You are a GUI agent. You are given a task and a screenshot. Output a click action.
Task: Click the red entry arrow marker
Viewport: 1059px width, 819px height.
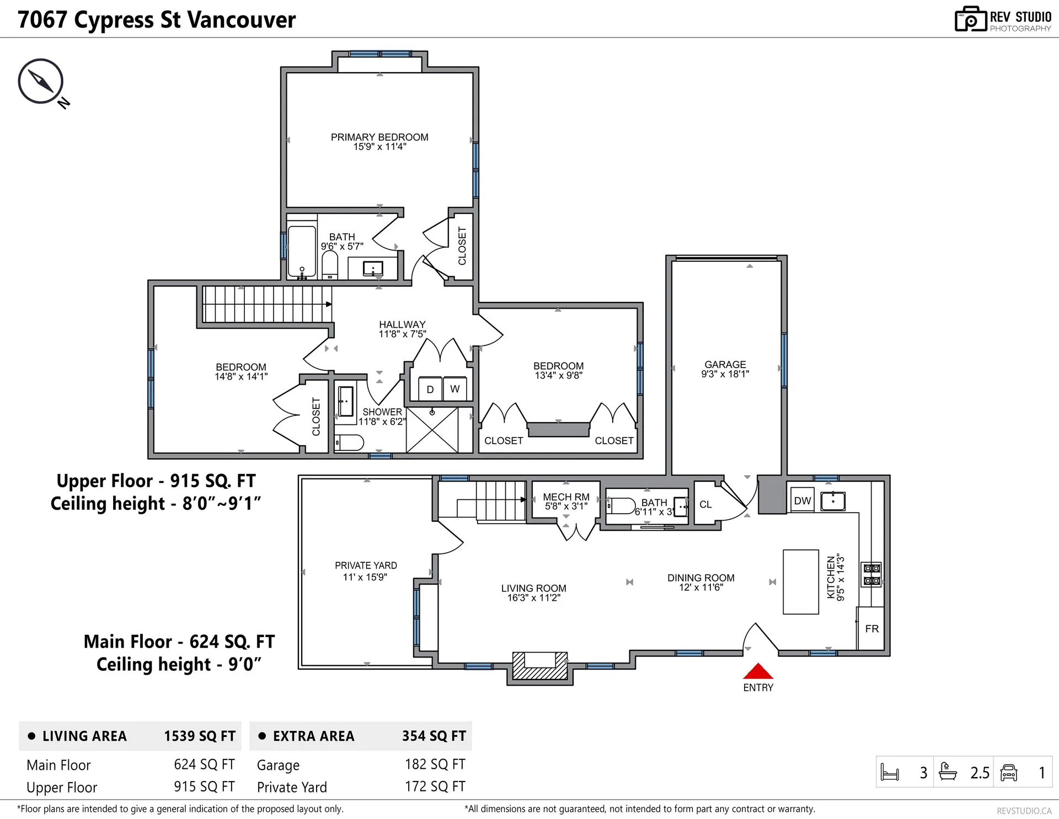point(758,671)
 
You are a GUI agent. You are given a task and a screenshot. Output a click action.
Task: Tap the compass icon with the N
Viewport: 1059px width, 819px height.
point(41,81)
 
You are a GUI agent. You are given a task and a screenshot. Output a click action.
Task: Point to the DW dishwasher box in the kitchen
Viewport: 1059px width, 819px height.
point(802,500)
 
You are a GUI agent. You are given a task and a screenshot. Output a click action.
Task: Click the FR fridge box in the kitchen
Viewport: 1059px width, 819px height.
point(871,628)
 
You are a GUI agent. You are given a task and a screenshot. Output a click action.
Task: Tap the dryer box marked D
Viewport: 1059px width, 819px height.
point(430,389)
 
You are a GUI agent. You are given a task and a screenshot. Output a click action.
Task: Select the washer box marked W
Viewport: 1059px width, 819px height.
point(454,389)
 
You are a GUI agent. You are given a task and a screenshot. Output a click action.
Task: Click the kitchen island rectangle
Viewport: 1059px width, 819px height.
point(801,581)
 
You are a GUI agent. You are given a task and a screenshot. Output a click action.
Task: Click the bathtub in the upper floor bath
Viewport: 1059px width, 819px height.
point(302,251)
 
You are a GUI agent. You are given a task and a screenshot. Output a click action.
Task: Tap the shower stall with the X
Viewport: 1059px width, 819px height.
point(432,430)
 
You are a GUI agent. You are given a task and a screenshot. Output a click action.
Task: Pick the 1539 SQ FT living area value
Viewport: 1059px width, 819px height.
point(200,736)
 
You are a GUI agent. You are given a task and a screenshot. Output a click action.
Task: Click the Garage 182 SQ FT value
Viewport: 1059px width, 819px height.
point(435,764)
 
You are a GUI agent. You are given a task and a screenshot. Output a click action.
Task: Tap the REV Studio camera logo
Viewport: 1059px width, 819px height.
point(970,19)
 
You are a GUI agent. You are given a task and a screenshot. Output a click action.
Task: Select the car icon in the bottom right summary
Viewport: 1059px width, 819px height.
point(1008,772)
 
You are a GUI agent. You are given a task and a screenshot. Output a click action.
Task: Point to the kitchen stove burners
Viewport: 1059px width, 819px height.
point(871,574)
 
